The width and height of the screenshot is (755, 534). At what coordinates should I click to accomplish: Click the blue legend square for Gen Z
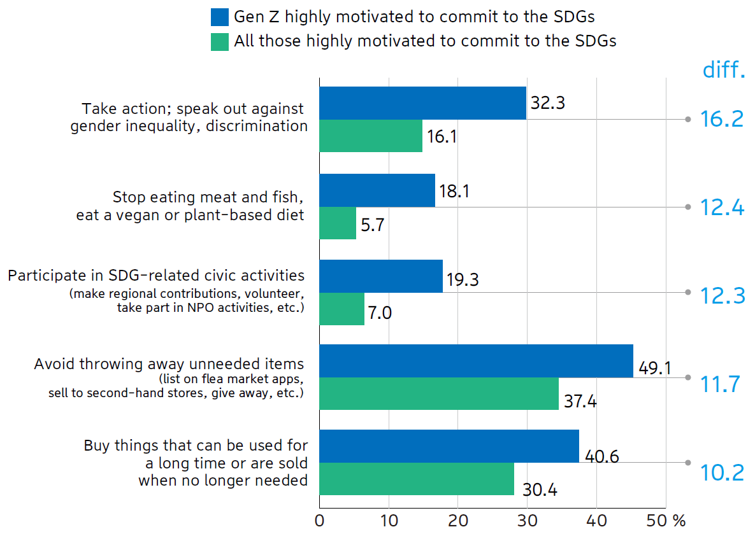(x=220, y=17)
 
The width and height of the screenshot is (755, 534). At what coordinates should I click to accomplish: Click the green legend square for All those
(x=220, y=41)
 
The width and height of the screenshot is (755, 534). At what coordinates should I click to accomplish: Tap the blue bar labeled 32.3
(x=422, y=103)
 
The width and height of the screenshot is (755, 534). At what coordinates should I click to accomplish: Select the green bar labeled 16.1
(x=371, y=136)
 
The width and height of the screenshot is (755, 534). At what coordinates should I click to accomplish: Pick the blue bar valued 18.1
(x=377, y=190)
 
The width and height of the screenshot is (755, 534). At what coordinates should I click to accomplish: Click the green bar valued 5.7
(x=338, y=223)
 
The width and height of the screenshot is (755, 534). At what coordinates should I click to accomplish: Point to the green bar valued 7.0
(x=342, y=309)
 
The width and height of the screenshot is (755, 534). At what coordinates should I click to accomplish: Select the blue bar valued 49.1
(x=476, y=361)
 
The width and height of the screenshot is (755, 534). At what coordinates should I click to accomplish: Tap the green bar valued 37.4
(x=439, y=394)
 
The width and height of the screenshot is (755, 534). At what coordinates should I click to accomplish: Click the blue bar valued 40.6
(x=449, y=446)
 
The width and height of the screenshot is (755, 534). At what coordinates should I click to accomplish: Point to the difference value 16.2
(x=722, y=119)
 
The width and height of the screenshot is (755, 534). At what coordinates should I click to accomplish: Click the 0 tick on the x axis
(x=319, y=520)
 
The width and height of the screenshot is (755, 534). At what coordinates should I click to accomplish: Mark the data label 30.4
(x=539, y=490)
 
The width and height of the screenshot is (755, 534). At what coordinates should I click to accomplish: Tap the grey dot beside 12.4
(x=687, y=207)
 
